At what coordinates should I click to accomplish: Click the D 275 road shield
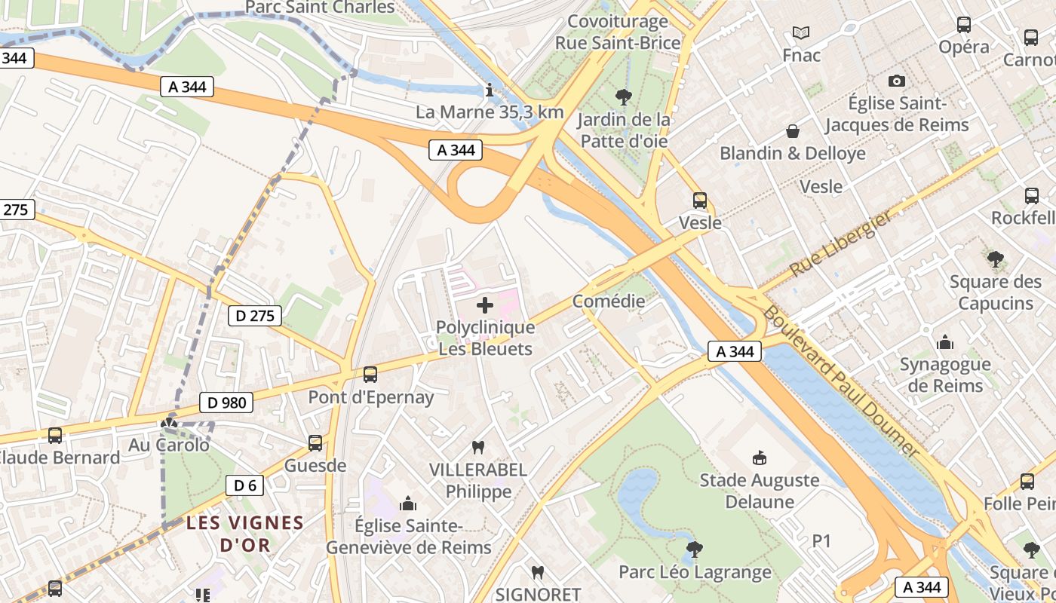point(255,316)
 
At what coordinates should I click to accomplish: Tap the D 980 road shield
point(226,403)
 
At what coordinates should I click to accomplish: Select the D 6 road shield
point(245,485)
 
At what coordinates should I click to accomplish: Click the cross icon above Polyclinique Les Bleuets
point(485,305)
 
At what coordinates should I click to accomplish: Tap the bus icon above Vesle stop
point(700,200)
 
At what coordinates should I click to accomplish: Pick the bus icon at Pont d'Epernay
point(370,375)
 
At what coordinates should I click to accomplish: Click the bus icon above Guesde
point(315,443)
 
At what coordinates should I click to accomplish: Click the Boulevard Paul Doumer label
point(841,381)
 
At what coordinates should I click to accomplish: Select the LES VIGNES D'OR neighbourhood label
point(245,533)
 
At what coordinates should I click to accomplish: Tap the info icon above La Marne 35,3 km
point(490,91)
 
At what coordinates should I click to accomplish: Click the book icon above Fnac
point(801,33)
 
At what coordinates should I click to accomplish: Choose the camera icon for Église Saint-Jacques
point(897,81)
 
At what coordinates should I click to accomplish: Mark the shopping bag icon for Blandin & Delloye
point(793,132)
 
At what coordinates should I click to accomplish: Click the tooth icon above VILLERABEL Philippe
point(477,447)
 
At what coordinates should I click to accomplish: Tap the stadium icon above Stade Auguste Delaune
point(759,458)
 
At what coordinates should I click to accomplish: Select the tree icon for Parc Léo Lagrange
point(695,549)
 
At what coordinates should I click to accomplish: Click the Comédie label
point(609,301)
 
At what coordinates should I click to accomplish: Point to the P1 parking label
point(821,541)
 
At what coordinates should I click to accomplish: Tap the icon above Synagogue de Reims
point(945,343)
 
